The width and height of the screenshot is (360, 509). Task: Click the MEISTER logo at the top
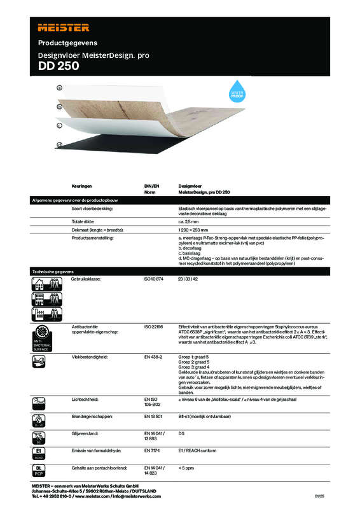(63, 27)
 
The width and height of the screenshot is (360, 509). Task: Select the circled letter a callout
(59, 89)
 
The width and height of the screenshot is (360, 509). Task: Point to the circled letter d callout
(59, 144)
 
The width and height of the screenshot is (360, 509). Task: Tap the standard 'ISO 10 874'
(155, 279)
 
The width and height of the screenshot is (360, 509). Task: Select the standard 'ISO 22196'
(154, 326)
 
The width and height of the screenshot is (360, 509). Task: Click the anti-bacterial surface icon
(42, 337)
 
